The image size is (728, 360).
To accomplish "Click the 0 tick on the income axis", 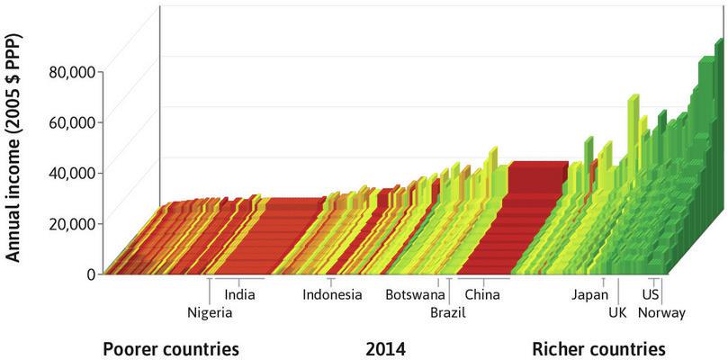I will click(x=91, y=273).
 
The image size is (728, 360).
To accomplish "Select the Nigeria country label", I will click(x=210, y=313).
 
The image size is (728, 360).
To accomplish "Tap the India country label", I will click(x=239, y=294).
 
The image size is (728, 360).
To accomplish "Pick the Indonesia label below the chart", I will click(x=332, y=294).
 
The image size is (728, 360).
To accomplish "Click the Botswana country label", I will click(x=415, y=294).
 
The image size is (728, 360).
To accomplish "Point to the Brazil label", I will click(x=448, y=313).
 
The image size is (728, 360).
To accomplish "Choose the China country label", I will click(x=482, y=294).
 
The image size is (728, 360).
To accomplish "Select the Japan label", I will click(x=589, y=294).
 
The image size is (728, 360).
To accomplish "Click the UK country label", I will click(x=616, y=313).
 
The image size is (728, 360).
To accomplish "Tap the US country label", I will click(x=651, y=294).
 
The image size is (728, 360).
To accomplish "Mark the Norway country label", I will click(x=661, y=313).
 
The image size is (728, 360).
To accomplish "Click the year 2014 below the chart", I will click(x=385, y=348).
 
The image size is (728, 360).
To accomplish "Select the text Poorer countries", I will click(x=170, y=348).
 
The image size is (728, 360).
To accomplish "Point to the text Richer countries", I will click(x=598, y=348).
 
